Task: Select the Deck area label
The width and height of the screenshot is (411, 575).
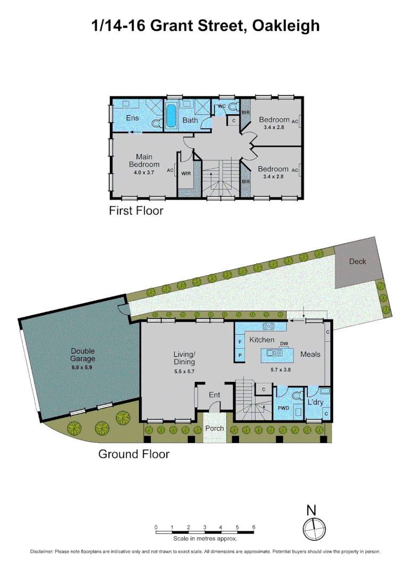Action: (358, 261)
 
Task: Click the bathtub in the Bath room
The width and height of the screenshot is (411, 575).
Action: (171, 116)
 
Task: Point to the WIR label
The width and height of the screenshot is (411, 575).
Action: (186, 174)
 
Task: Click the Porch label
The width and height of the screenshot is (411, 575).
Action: (215, 429)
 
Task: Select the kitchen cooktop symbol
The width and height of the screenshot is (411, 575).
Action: (268, 326)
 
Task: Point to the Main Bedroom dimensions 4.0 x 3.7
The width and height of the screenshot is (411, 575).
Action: (144, 172)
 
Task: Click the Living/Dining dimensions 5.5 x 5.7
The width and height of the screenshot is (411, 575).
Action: (185, 371)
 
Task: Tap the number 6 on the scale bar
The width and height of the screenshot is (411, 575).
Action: (253, 527)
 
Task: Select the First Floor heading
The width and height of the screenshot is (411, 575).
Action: (136, 211)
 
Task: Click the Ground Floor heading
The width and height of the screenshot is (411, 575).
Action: (134, 454)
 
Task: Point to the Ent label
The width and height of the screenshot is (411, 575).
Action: (214, 395)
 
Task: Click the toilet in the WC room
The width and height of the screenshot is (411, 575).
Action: (230, 107)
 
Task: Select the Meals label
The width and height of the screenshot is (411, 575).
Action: (310, 354)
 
